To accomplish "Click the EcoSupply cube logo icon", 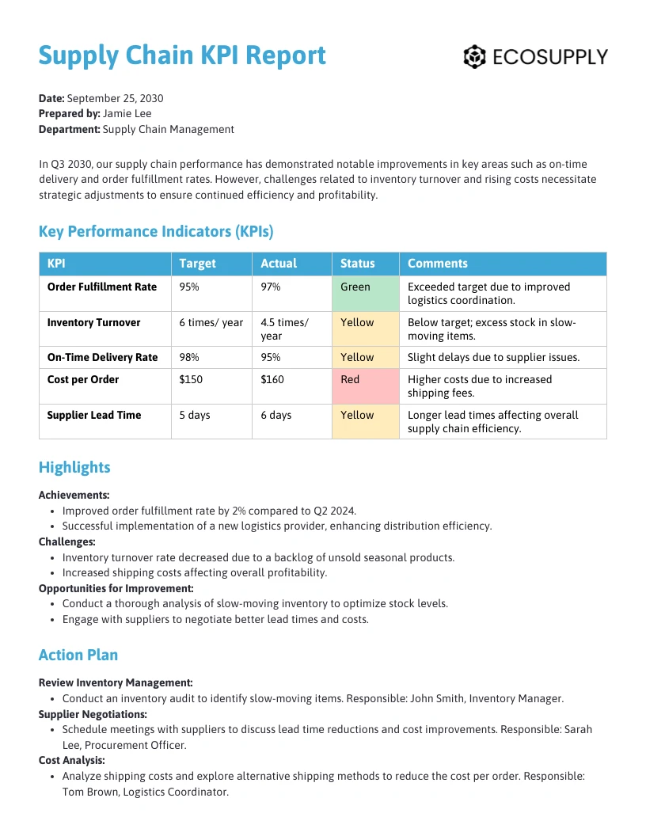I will [474, 57].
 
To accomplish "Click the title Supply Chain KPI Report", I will [182, 55].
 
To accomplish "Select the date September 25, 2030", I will [115, 98].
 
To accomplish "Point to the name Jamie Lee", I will [127, 113].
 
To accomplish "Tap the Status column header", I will [357, 264].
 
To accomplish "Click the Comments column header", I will [437, 264].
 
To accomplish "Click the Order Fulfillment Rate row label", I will [102, 287].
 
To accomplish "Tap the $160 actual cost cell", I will [273, 380].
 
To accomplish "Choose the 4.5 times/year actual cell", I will [284, 329].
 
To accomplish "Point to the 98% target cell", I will [189, 358].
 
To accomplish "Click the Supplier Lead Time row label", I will [94, 415].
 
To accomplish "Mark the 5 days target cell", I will [195, 415].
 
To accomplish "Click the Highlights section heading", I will [74, 467].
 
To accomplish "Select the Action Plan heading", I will [78, 655].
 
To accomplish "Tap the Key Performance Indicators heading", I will [156, 232].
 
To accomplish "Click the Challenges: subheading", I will [67, 541].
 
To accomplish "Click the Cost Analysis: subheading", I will [72, 761].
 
